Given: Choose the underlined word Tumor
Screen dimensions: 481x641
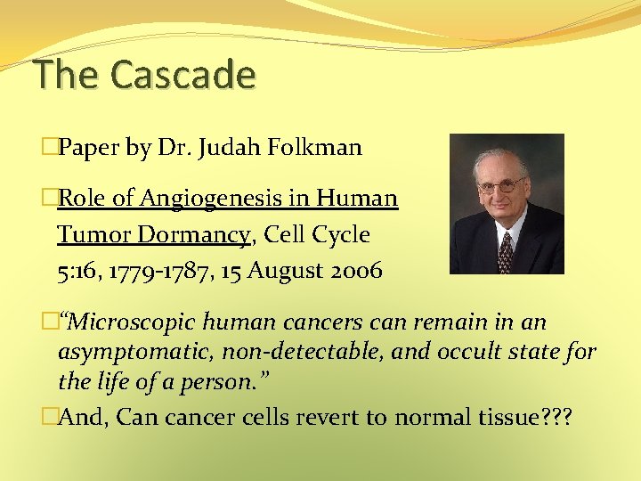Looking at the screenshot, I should coord(93,234).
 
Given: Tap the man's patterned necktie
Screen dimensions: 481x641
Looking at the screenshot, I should coord(505,250).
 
